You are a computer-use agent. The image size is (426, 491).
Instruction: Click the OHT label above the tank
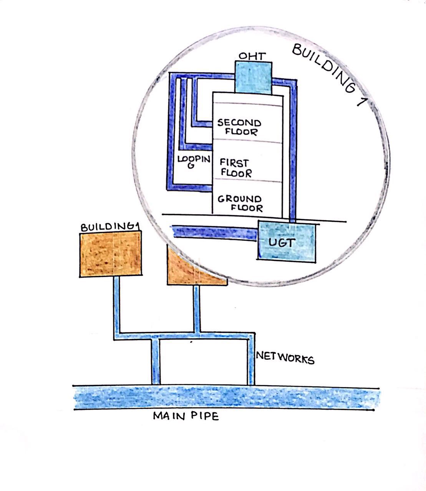click(x=252, y=56)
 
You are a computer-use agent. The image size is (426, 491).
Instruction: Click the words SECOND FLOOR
click(x=239, y=127)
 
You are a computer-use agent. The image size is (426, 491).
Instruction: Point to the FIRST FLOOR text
click(x=236, y=168)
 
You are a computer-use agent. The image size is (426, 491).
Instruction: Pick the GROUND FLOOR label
click(x=240, y=204)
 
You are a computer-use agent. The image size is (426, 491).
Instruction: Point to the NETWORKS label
click(x=285, y=358)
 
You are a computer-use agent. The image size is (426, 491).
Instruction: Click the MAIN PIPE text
click(x=186, y=416)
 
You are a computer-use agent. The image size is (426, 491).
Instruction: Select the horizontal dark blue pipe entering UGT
click(x=215, y=232)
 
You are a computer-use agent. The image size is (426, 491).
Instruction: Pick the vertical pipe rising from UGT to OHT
click(x=293, y=153)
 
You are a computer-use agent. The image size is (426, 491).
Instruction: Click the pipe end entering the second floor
click(x=207, y=123)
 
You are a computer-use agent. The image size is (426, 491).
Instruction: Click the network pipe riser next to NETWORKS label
click(x=251, y=361)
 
